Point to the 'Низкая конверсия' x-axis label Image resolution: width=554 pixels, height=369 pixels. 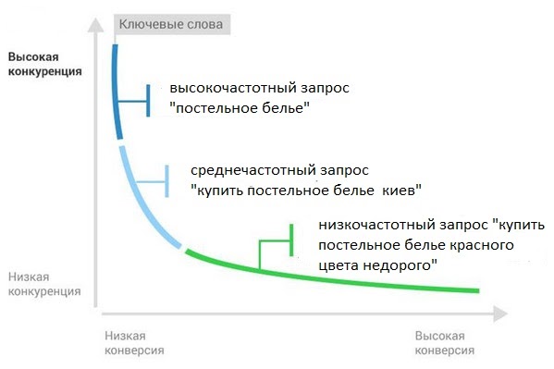pyautogui.click(x=133, y=343)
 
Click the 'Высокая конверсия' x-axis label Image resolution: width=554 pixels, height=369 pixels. pyautogui.click(x=445, y=343)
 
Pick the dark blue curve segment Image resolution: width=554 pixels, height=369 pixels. pyautogui.click(x=116, y=92)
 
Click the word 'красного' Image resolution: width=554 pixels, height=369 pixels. pyautogui.click(x=480, y=245)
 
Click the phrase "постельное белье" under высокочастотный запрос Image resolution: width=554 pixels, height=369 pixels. pyautogui.click(x=239, y=108)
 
